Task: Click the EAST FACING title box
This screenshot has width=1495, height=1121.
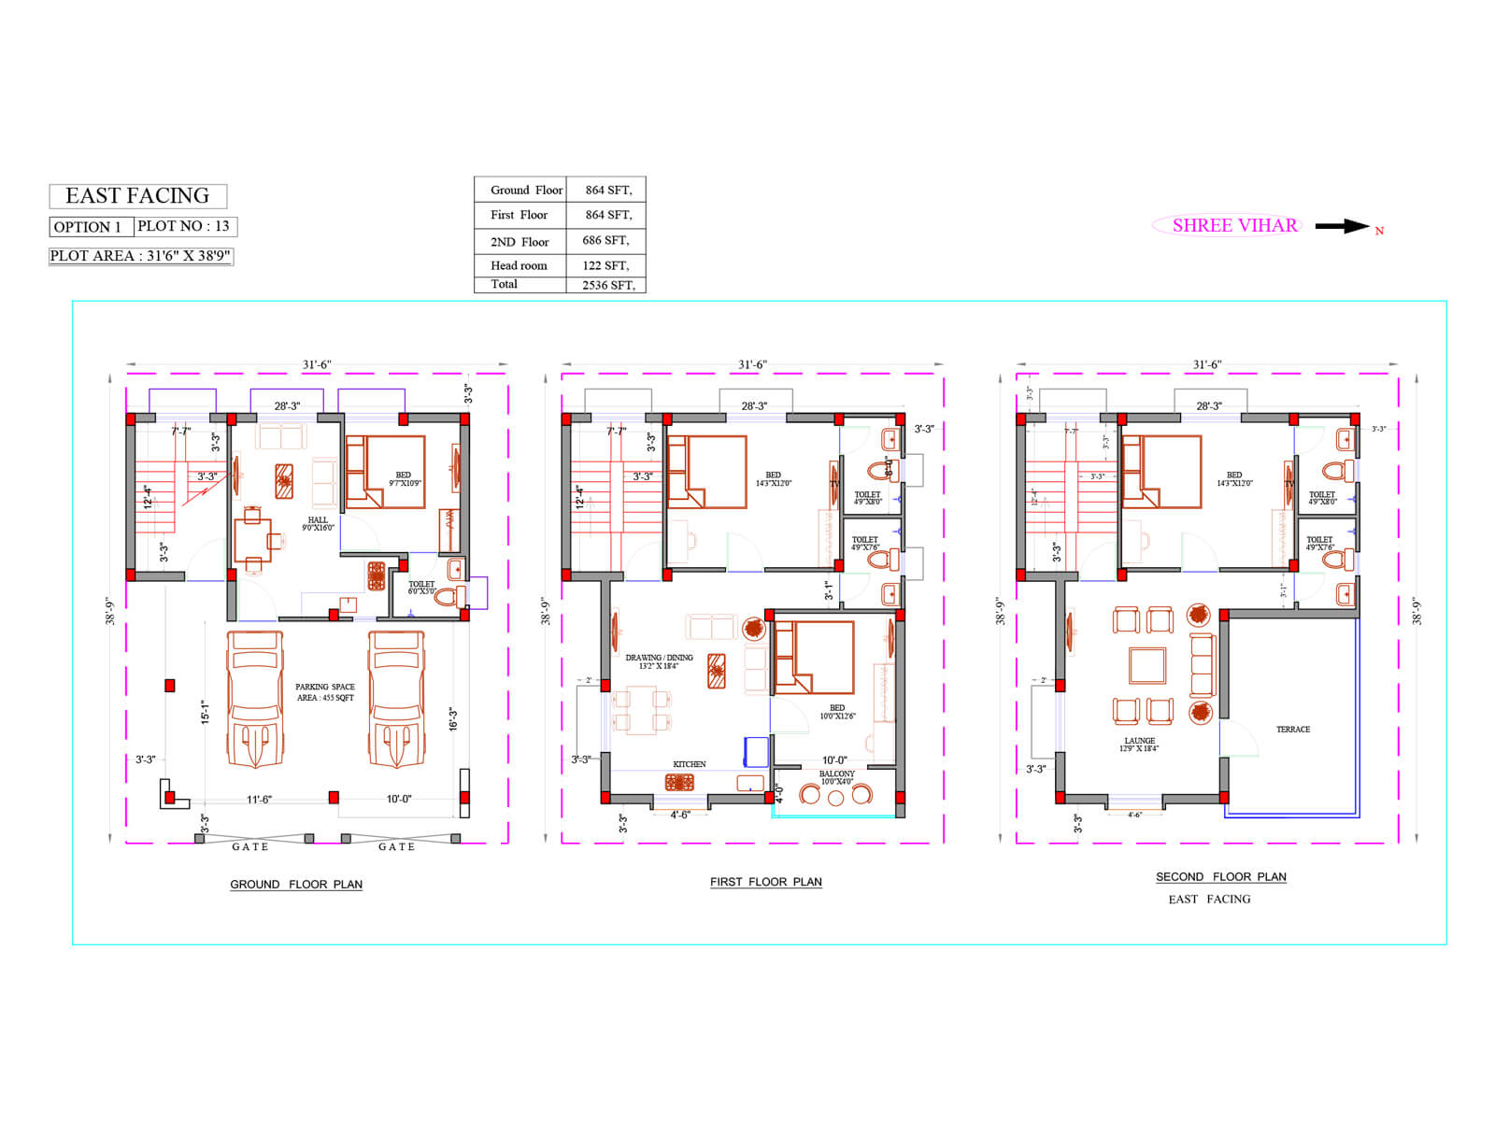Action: tap(137, 196)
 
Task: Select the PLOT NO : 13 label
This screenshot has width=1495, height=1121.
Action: tap(184, 226)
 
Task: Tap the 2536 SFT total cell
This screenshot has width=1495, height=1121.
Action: tap(607, 285)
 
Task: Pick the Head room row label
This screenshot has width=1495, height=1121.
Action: tap(519, 265)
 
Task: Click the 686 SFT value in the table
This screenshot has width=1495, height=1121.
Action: tap(605, 240)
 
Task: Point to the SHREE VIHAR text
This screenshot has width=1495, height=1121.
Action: tap(1234, 225)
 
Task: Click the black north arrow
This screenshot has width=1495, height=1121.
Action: tap(1342, 226)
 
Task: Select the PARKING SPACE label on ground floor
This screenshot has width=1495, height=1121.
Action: tap(325, 687)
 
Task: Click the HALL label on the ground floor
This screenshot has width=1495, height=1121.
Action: tap(318, 520)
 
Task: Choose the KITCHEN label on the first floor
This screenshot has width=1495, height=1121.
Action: tap(690, 764)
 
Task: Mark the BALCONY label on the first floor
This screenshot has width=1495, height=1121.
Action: tap(836, 774)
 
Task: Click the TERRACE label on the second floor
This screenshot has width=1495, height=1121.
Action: tap(1293, 730)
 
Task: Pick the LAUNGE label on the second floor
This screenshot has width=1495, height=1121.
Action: tap(1139, 741)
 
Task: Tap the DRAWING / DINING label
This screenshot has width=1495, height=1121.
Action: tap(659, 658)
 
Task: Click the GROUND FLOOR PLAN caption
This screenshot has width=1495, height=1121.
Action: tap(296, 885)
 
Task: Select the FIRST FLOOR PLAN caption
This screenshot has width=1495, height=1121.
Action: tap(765, 882)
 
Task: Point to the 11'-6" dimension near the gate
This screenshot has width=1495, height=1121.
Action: tap(259, 800)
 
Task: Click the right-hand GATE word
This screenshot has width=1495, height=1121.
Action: tap(396, 847)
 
